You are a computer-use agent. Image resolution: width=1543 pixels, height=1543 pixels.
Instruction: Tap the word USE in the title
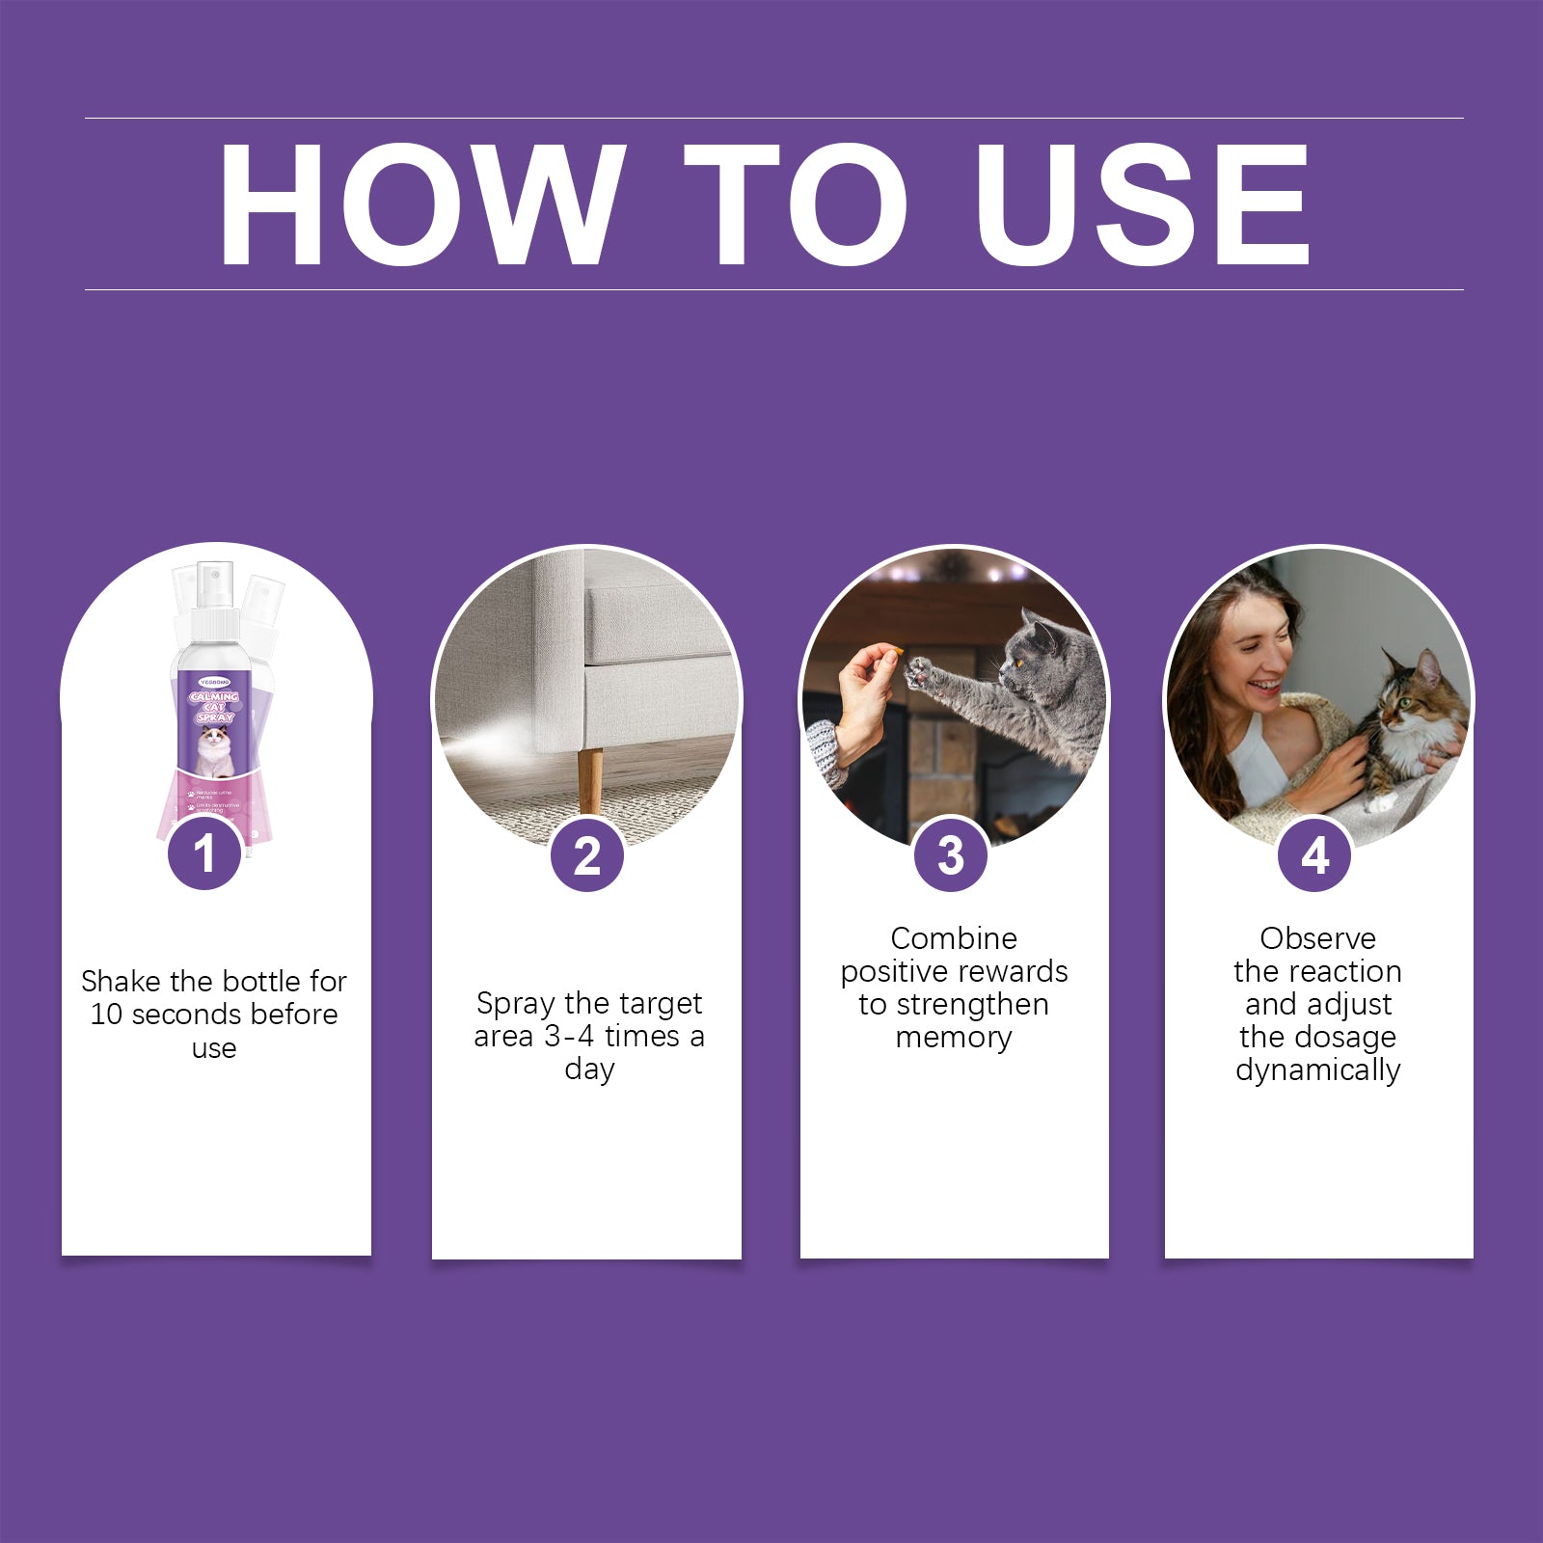(1143, 204)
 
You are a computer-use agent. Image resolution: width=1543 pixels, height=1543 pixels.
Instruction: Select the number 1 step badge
(204, 853)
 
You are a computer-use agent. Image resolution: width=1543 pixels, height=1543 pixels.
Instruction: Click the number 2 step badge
(586, 855)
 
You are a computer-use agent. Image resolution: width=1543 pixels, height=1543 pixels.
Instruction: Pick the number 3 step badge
(951, 855)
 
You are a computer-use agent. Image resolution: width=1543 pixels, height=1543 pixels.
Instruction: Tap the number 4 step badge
(1314, 855)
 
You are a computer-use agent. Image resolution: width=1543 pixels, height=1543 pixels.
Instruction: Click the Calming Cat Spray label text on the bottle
(214, 707)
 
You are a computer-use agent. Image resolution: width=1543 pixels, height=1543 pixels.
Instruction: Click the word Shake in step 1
(122, 982)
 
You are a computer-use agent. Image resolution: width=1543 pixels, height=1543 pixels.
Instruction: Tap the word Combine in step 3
(953, 938)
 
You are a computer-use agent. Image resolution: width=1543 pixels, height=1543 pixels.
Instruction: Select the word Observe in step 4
(1317, 938)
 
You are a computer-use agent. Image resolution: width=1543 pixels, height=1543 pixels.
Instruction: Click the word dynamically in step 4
(1317, 1070)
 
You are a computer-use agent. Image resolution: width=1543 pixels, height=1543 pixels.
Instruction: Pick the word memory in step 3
(953, 1038)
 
